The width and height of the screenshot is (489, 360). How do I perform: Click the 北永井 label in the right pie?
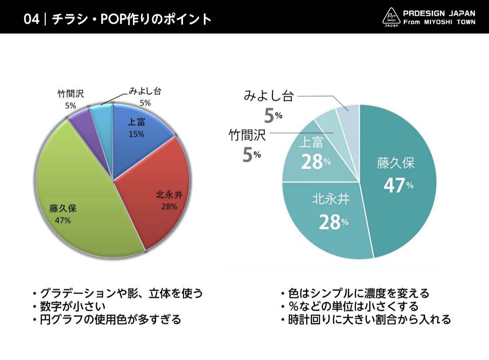click(331, 199)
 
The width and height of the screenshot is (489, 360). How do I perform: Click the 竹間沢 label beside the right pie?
click(247, 136)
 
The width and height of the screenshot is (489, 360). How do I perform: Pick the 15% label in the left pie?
click(136, 134)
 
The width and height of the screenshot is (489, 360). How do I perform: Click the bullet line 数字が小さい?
click(72, 307)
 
